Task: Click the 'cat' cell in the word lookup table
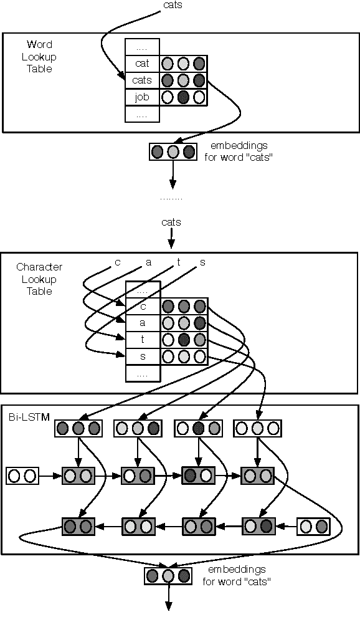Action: coord(142,64)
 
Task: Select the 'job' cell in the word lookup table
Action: coord(142,97)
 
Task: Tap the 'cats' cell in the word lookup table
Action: coord(142,80)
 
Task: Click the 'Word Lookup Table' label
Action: coord(39,57)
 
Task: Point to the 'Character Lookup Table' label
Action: coord(39,279)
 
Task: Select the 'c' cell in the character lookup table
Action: coord(143,306)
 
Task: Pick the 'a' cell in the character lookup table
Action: coord(143,323)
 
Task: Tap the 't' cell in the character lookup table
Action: coord(143,340)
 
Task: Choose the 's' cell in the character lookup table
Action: coord(143,356)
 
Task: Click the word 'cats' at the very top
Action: coord(173,6)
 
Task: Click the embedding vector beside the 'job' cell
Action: coord(183,97)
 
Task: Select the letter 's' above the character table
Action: coord(202,262)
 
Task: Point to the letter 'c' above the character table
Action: coord(117,262)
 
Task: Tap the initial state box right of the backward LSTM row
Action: coord(313,527)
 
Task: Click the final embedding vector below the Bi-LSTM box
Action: coord(168,575)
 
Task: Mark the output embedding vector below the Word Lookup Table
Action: coord(173,151)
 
